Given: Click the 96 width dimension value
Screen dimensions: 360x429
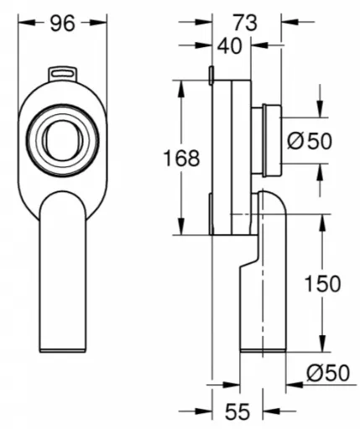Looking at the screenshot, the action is point(63,23).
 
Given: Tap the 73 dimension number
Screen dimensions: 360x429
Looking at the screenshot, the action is point(245,23).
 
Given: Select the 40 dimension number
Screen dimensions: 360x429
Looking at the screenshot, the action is point(229,46).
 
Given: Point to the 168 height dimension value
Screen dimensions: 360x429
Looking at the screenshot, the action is point(181,158).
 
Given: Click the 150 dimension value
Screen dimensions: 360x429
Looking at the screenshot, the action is point(322,284).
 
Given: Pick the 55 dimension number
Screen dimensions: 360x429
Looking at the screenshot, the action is point(237,411).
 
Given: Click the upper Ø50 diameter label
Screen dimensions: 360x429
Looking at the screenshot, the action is point(310,141).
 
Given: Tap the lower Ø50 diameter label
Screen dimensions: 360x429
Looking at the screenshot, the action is point(328,373).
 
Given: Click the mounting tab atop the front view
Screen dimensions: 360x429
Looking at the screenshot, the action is point(63,74).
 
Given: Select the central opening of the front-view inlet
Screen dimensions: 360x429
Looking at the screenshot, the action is point(62,141).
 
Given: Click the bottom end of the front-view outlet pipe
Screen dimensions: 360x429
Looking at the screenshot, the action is point(63,350).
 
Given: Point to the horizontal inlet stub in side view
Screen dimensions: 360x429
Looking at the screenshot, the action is point(267,140).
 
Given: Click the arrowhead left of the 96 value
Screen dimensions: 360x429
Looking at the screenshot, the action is point(27,23).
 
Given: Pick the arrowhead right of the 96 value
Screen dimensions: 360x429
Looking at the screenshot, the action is point(98,23).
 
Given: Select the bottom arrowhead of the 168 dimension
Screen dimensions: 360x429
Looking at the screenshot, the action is point(181,226).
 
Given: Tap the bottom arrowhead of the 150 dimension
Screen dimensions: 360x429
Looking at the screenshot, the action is point(322,343).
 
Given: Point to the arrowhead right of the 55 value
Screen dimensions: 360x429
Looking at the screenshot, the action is point(271,411).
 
